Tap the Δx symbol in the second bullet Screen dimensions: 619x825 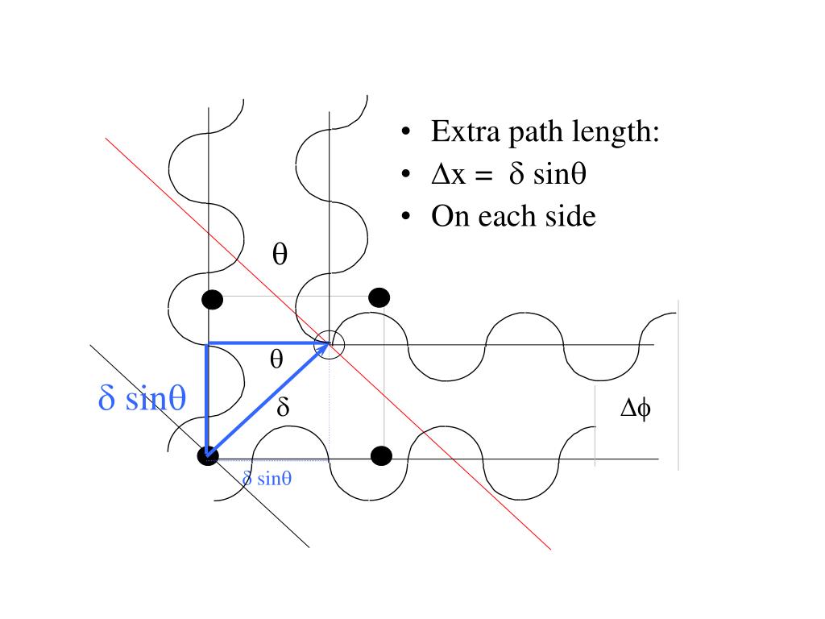pyautogui.click(x=448, y=174)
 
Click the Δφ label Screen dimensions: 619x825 pyautogui.click(x=636, y=409)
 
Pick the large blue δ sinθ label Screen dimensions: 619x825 pyautogui.click(x=142, y=398)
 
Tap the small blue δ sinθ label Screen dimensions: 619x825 pyautogui.click(x=267, y=479)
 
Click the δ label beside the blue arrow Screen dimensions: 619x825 pyautogui.click(x=283, y=408)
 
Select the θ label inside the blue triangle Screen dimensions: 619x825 pyautogui.click(x=276, y=360)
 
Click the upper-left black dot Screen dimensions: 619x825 pyautogui.click(x=212, y=300)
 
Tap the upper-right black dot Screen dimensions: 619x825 pyautogui.click(x=379, y=297)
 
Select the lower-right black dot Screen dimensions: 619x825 pyautogui.click(x=382, y=456)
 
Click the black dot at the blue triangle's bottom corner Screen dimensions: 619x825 pyautogui.click(x=207, y=456)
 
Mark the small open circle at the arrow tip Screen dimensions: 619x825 pyautogui.click(x=330, y=345)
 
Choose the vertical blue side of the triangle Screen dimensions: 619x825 pyautogui.click(x=207, y=399)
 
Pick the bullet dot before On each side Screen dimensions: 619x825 pyautogui.click(x=409, y=218)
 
